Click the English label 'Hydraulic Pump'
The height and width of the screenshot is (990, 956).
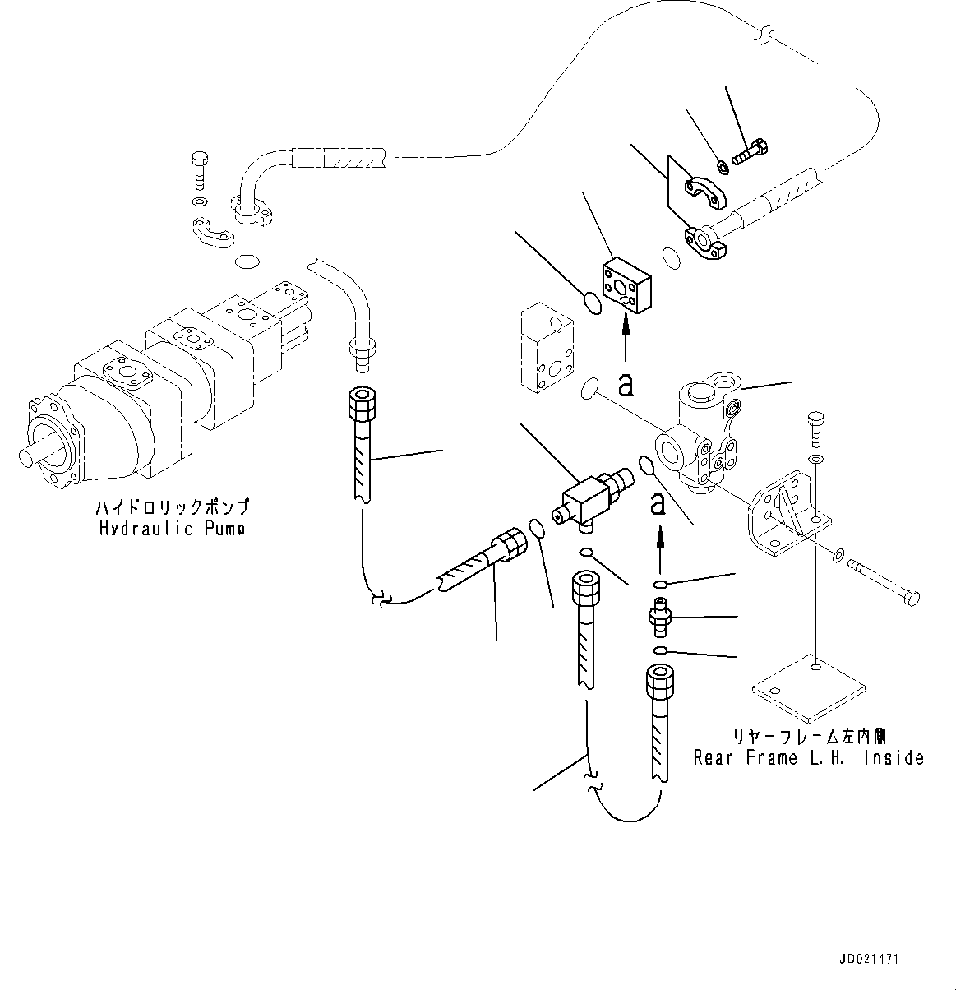coord(171,529)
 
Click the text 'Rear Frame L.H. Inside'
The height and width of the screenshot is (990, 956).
coord(809,757)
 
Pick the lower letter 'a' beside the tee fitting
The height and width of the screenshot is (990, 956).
coord(658,502)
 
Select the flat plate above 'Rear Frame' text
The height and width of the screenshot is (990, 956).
coord(810,686)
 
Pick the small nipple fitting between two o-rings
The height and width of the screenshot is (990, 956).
coord(660,618)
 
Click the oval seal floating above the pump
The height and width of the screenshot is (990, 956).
coord(247,261)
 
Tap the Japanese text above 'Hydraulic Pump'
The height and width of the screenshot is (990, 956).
coord(171,508)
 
